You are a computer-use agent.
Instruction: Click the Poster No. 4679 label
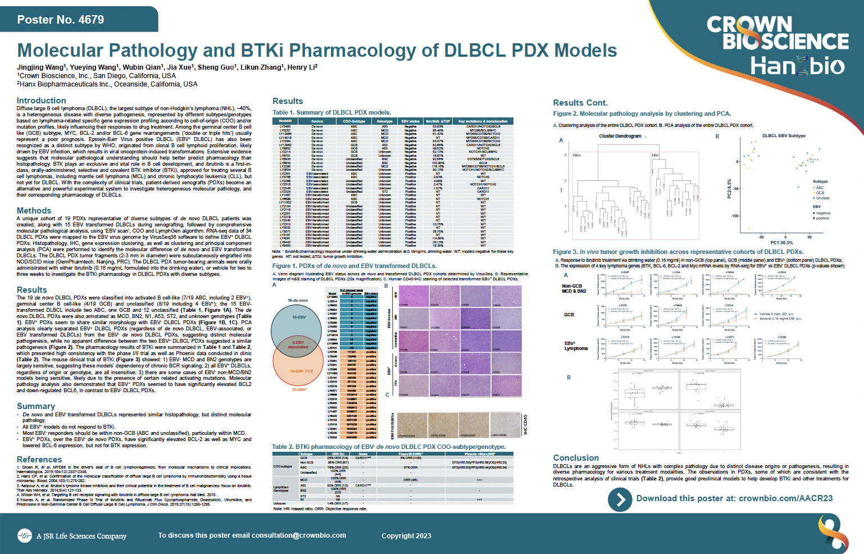[x=61, y=20]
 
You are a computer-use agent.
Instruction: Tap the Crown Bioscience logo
[x=777, y=34]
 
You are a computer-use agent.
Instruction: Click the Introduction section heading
[x=42, y=101]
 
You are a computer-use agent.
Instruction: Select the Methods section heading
[x=34, y=211]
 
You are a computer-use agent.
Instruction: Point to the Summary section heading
[x=36, y=406]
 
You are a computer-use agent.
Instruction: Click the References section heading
[x=39, y=460]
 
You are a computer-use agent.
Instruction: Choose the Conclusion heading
[x=576, y=458]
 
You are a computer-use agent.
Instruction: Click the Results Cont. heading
[x=580, y=103]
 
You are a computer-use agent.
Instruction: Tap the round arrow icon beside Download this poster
[x=620, y=499]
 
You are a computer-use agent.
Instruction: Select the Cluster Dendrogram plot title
[x=620, y=136]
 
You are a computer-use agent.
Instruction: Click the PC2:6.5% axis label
[x=730, y=189]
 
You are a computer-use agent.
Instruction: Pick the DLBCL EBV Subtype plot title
[x=784, y=136]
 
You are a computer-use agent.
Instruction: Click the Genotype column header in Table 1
[x=384, y=121]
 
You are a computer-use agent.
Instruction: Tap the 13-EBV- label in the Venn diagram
[x=299, y=317]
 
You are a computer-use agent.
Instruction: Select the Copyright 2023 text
[x=406, y=536]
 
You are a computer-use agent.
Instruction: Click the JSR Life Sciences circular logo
[x=24, y=536]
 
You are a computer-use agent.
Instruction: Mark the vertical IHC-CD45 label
[x=525, y=425]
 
